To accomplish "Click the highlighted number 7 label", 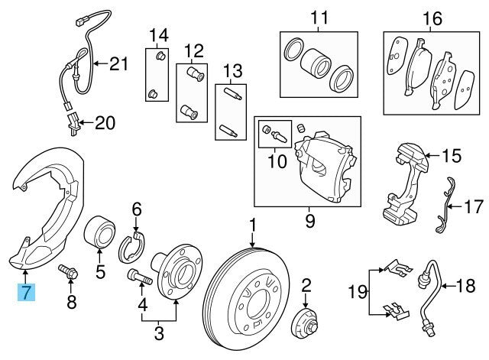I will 25,291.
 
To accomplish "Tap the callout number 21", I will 118,64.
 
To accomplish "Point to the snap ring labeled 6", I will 134,248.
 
